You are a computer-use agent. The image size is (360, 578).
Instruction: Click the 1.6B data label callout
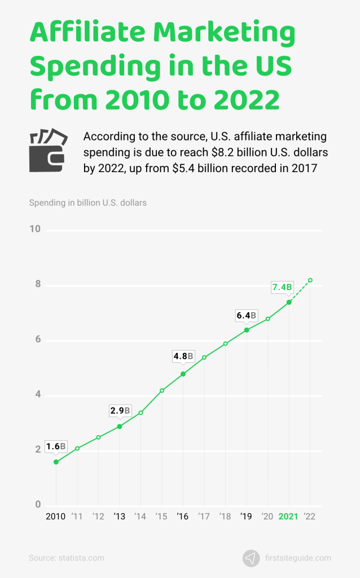tap(56, 446)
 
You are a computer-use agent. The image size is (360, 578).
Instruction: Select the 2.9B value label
tap(120, 411)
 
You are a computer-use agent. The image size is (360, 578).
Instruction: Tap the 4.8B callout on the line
tap(183, 357)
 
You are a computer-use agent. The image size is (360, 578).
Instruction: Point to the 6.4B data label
tap(246, 316)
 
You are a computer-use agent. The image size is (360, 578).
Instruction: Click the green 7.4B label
tap(282, 287)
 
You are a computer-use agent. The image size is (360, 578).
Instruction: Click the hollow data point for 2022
tap(310, 280)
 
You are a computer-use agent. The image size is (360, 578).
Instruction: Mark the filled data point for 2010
tap(56, 462)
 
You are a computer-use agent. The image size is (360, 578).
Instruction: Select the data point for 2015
tap(162, 391)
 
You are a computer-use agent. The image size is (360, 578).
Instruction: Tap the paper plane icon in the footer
tap(251, 558)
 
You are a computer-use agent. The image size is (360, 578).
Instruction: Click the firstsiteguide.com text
tap(298, 558)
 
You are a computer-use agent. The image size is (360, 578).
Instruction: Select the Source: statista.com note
tap(67, 558)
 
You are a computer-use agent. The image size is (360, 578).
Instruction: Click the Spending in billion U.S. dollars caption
tap(87, 202)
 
